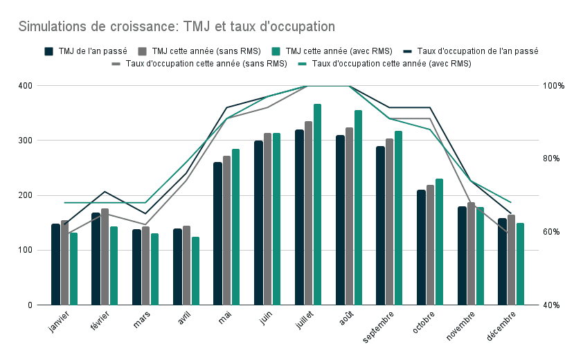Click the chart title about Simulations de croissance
[x=177, y=27]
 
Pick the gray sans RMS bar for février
[x=105, y=257]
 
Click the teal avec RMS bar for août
[x=358, y=208]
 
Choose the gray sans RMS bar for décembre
[x=511, y=260]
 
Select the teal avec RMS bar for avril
[x=195, y=271]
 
